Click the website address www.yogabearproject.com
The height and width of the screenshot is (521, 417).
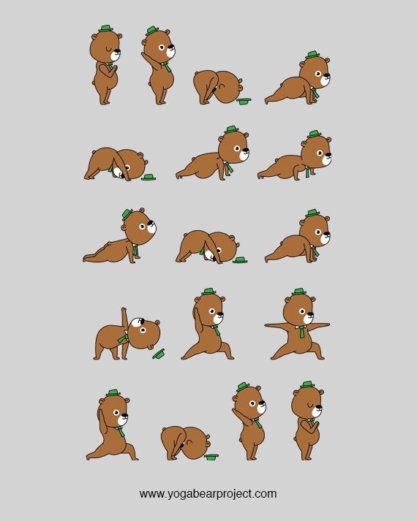208,493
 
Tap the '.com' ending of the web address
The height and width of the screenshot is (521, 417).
264,493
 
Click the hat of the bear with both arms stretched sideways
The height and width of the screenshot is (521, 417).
298,292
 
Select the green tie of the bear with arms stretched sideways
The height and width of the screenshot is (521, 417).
301,331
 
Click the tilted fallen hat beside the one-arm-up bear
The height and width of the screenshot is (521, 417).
158,353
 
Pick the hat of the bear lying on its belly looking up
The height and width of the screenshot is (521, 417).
126,213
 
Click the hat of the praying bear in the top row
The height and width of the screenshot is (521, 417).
106,28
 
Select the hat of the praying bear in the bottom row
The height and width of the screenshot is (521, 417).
307,384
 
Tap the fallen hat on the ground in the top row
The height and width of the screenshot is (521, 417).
244,101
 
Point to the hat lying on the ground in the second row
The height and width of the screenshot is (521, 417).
149,177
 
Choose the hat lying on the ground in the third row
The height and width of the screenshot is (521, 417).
239,259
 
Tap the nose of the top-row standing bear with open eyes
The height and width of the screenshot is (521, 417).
173,50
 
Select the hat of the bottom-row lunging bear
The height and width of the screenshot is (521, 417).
112,392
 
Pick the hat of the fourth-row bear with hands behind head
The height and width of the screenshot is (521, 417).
209,292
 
